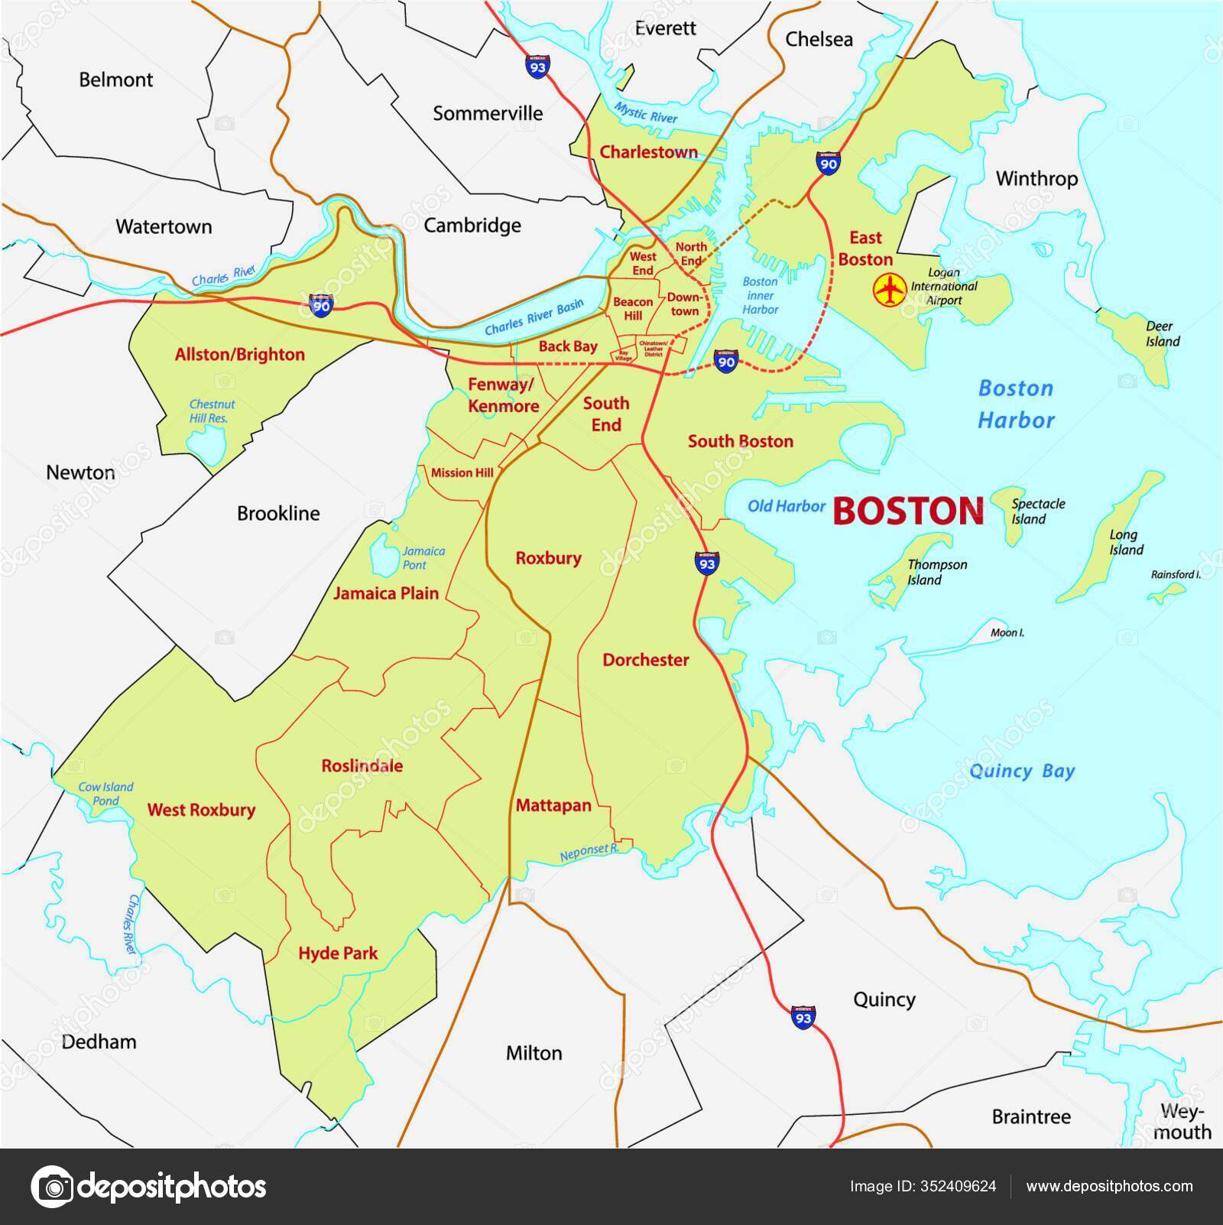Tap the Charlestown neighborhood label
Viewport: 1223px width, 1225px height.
click(648, 152)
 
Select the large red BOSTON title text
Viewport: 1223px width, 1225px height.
click(908, 511)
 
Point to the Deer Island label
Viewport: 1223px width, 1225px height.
click(1162, 334)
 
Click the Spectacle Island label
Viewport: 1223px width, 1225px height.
click(1037, 512)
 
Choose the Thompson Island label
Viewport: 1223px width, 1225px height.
click(936, 572)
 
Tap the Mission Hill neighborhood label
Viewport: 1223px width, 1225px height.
click(462, 473)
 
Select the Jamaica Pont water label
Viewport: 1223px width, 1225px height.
click(423, 557)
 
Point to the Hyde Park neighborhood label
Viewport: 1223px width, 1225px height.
click(338, 954)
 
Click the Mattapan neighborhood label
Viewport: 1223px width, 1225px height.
click(553, 805)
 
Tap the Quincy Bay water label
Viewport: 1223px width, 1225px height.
click(1022, 771)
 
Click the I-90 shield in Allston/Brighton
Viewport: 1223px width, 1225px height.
click(321, 305)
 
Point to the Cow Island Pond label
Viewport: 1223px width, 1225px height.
click(106, 794)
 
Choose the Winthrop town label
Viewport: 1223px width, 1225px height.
click(1036, 179)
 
